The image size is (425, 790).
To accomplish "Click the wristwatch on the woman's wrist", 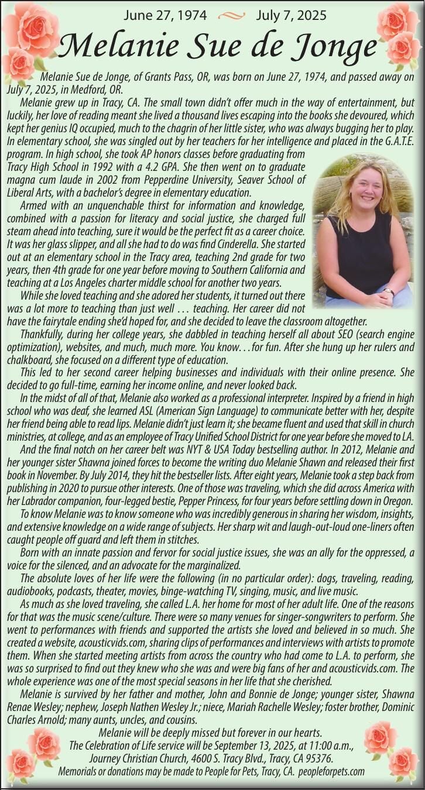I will point(388,291).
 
